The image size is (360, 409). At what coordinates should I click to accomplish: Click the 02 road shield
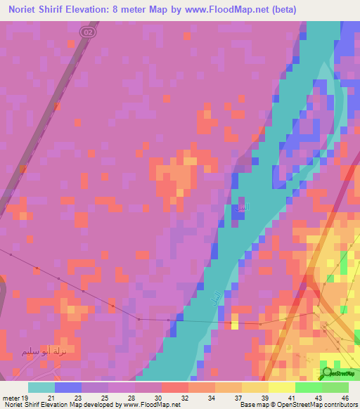tap(86, 32)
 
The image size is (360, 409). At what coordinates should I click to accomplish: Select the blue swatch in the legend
tap(67, 387)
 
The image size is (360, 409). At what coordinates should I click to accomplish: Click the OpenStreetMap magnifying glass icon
tap(328, 372)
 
